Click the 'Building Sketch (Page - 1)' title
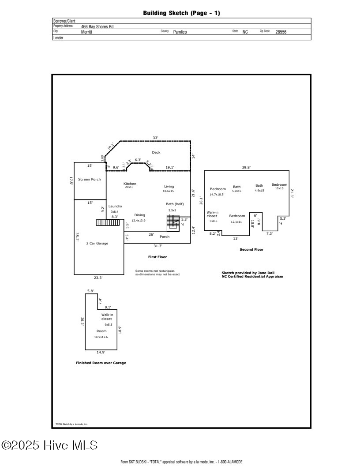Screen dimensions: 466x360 tap(181, 13)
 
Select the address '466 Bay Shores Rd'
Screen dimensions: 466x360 tap(97, 26)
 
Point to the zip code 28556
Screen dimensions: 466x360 tap(281, 32)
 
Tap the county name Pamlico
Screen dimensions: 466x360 tap(180, 32)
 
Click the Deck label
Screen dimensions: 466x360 tap(156, 152)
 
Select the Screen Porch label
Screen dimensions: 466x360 tap(89, 179)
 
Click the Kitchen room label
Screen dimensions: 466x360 tap(130, 184)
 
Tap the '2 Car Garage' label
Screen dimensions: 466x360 tap(97, 243)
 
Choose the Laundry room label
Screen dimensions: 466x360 tap(115, 206)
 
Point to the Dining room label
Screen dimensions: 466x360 tap(139, 215)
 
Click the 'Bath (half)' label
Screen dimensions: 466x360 tap(174, 204)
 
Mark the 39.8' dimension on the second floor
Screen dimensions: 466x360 tap(246, 167)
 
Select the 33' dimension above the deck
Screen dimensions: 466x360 tap(155, 138)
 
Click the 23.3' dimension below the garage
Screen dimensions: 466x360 tap(98, 278)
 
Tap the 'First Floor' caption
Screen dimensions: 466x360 tap(157, 257)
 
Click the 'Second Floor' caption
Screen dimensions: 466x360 tap(251, 250)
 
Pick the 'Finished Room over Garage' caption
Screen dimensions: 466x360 tap(101, 363)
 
